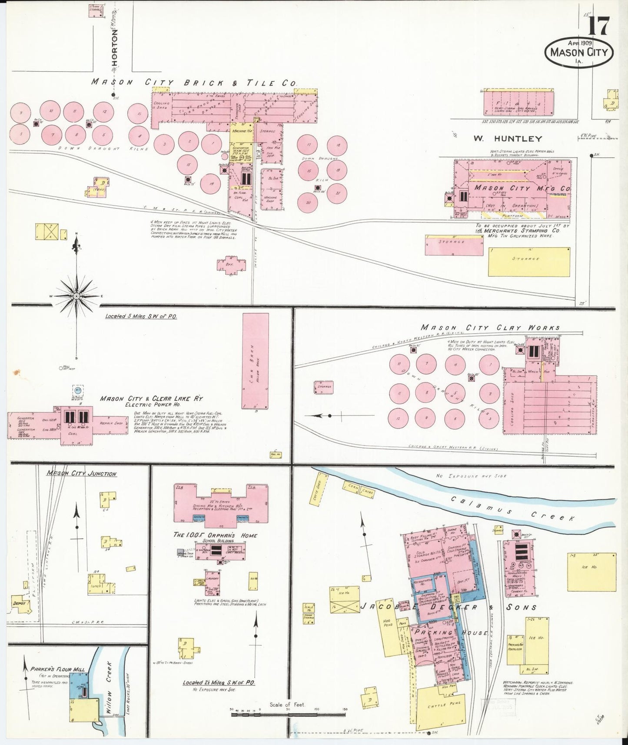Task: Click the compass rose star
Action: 76,296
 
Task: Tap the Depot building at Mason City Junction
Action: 21,603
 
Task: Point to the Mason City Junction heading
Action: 81,473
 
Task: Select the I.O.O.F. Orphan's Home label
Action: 215,535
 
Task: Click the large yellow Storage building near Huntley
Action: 528,261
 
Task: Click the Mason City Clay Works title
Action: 490,328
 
